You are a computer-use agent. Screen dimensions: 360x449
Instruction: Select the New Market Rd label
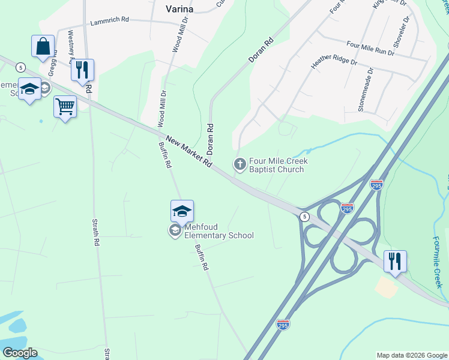[188, 151]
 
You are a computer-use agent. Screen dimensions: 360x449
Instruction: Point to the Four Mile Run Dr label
[370, 47]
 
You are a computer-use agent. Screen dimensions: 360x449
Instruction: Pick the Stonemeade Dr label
[366, 88]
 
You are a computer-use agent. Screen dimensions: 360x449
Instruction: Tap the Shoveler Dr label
[401, 34]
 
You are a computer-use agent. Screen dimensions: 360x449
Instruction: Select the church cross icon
[240, 164]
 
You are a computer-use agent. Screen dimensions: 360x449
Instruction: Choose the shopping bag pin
[43, 47]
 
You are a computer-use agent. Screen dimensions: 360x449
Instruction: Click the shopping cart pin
[65, 107]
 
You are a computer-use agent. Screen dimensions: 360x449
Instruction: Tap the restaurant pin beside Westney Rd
[82, 70]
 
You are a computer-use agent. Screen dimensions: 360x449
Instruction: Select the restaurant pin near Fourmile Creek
[395, 262]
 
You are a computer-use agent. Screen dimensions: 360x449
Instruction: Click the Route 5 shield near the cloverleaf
[305, 217]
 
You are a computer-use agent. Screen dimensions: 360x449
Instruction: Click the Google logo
[20, 353]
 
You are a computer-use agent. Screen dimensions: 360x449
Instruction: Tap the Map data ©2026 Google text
[412, 355]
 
